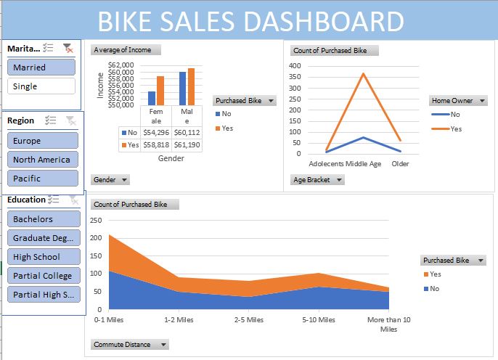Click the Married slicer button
tap(41, 67)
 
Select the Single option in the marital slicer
tap(41, 86)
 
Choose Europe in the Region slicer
tap(41, 141)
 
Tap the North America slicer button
tap(41, 160)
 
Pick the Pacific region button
tap(41, 179)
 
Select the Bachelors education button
tap(42, 219)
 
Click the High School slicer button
tap(42, 257)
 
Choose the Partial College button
tap(42, 276)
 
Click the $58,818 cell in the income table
tap(155, 145)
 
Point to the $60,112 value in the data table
tap(187, 133)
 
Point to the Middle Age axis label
tap(364, 164)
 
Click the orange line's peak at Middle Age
tap(364, 73)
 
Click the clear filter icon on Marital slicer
tap(68, 48)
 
